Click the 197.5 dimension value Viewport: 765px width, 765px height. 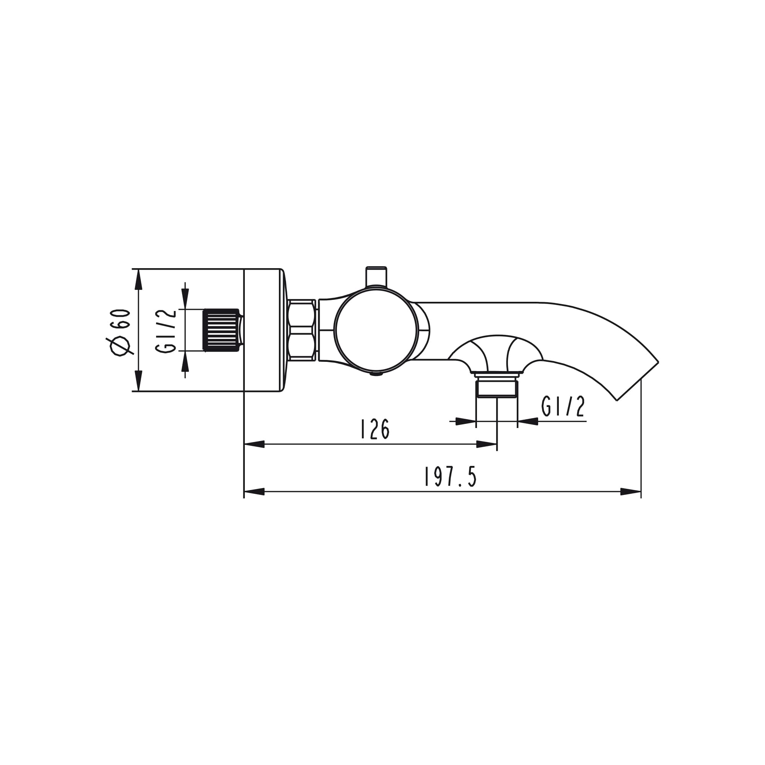pyautogui.click(x=450, y=477)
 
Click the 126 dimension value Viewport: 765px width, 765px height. pyautogui.click(x=375, y=429)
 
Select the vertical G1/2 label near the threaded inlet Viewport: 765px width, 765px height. pyautogui.click(x=166, y=331)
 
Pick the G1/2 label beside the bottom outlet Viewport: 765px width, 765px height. pyautogui.click(x=563, y=406)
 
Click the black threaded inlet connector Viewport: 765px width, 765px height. pyautogui.click(x=221, y=330)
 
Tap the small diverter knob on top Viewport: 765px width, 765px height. pyautogui.click(x=376, y=276)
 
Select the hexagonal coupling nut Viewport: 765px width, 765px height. pyautogui.click(x=302, y=330)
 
